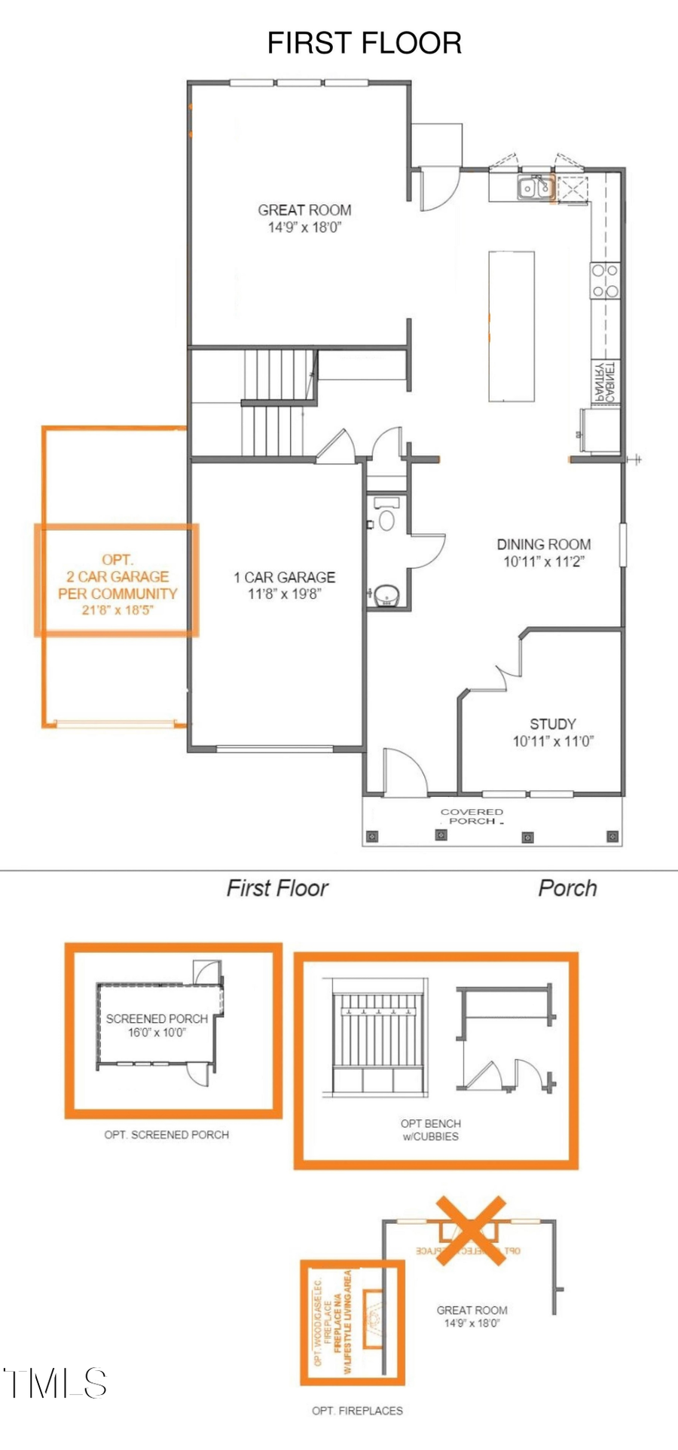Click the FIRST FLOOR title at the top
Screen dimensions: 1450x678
365,43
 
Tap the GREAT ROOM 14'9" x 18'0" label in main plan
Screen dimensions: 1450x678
304,218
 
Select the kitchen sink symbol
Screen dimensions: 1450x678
536,187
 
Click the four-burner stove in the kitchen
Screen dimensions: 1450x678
605,281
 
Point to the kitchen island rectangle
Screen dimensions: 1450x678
512,327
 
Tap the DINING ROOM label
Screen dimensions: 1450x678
543,552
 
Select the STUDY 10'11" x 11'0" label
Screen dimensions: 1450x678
553,731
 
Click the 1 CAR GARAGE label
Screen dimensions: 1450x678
284,585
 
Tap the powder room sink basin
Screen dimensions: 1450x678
387,595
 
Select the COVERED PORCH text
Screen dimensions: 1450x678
472,817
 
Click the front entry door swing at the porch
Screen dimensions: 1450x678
404,772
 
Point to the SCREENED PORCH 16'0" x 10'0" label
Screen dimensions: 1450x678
157,1025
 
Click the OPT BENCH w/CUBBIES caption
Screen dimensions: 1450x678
430,1129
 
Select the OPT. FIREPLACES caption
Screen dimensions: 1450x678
357,1410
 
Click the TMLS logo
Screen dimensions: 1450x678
55,1383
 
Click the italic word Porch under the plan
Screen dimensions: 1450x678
567,888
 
